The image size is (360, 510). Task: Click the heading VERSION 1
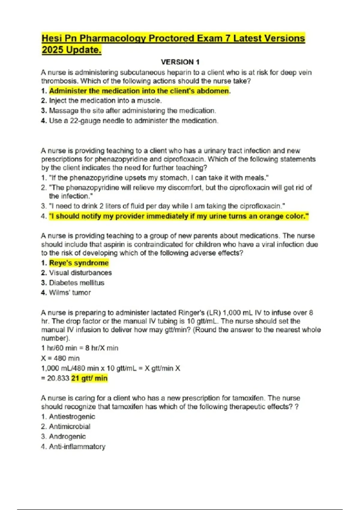(180, 62)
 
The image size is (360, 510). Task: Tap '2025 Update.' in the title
(71, 50)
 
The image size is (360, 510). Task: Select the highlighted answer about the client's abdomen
(139, 91)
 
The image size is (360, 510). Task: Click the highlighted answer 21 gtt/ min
(89, 378)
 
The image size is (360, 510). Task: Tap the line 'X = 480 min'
(60, 358)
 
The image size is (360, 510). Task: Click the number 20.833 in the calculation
(58, 378)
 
